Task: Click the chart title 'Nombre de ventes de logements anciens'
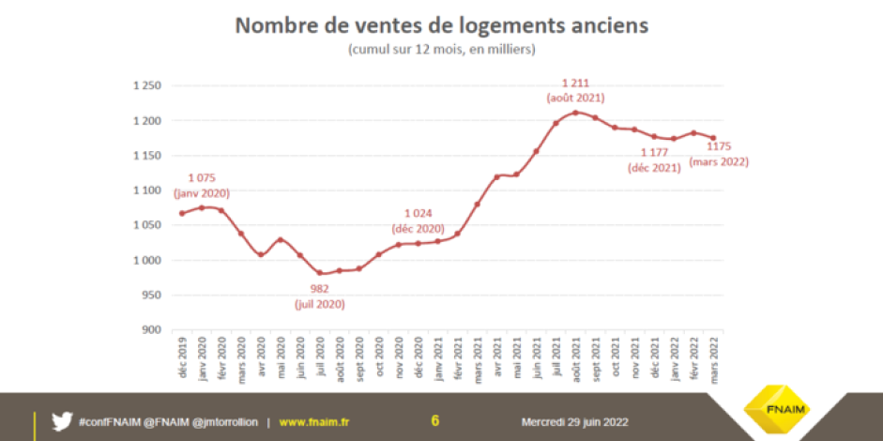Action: [x=441, y=25]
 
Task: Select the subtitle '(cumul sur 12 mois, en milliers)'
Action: [x=441, y=49]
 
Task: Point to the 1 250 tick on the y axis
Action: [x=146, y=86]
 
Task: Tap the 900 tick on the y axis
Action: [x=151, y=329]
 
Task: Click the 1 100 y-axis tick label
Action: [x=146, y=190]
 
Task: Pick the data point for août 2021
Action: [x=575, y=113]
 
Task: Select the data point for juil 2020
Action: [x=320, y=273]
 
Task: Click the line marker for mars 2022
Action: [x=712, y=138]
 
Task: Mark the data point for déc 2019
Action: [x=181, y=213]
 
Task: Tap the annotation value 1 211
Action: [x=575, y=83]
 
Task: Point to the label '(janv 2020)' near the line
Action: [x=202, y=192]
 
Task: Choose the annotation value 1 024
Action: [x=419, y=213]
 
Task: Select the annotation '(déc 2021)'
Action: [x=655, y=167]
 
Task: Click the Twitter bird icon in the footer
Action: [x=62, y=421]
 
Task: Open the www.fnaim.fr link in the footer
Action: [x=313, y=422]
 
